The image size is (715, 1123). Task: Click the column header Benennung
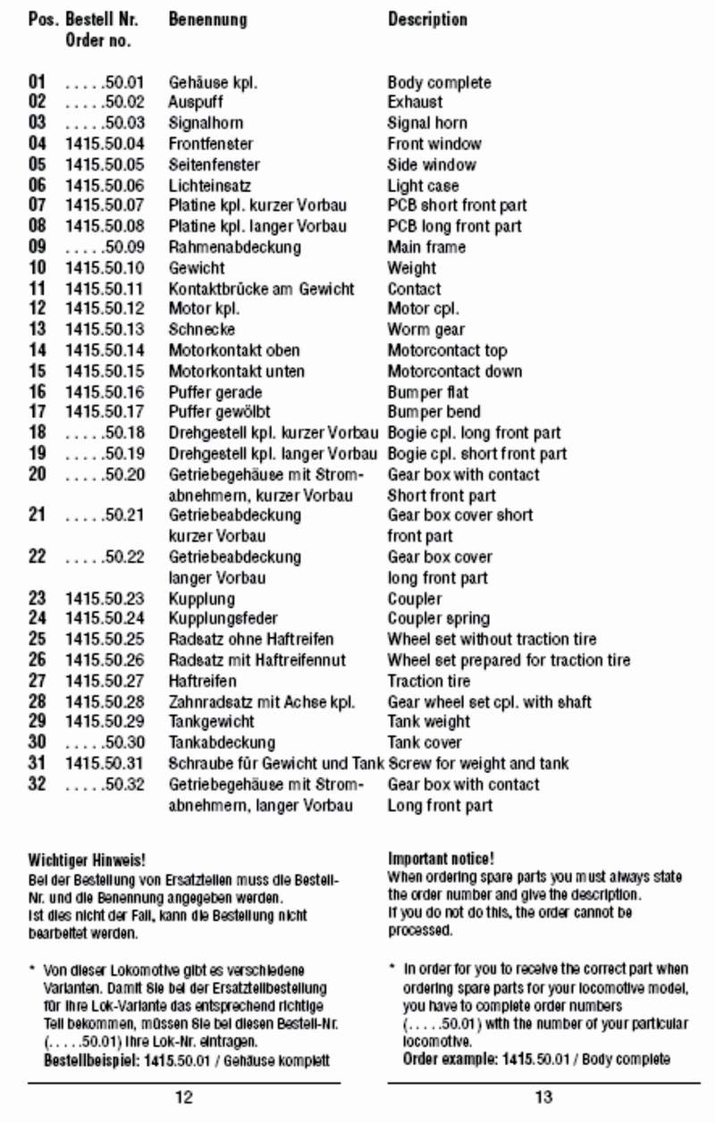pyautogui.click(x=207, y=19)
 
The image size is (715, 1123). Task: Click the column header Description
pyautogui.click(x=427, y=19)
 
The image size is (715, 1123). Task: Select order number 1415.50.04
pyautogui.click(x=105, y=144)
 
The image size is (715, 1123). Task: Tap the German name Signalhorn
pyautogui.click(x=206, y=123)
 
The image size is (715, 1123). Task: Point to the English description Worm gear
pyautogui.click(x=426, y=330)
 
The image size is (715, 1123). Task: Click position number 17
pyautogui.click(x=38, y=413)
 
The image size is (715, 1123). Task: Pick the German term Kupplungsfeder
pyautogui.click(x=223, y=618)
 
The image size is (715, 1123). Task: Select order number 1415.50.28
pyautogui.click(x=105, y=702)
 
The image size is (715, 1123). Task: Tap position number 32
pyautogui.click(x=38, y=784)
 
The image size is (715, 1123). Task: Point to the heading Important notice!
pyautogui.click(x=442, y=859)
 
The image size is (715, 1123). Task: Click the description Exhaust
pyautogui.click(x=415, y=103)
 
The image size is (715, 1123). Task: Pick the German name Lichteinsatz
pyautogui.click(x=210, y=186)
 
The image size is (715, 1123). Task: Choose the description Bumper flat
pyautogui.click(x=428, y=392)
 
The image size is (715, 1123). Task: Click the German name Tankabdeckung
pyautogui.click(x=222, y=742)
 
